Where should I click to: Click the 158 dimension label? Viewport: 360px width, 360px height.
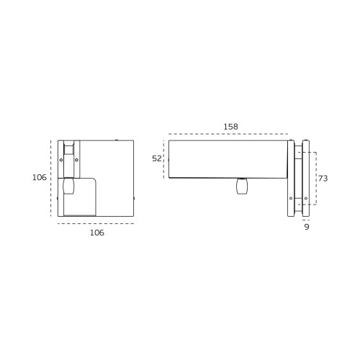[230, 127]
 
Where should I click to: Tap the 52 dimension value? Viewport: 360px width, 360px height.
[157, 158]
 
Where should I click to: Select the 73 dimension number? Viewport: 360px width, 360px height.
[323, 179]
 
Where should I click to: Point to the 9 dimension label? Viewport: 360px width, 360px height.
[307, 227]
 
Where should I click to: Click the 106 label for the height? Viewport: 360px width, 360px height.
[40, 178]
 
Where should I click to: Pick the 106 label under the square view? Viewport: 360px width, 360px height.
[97, 233]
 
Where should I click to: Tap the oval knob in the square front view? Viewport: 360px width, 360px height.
[68, 186]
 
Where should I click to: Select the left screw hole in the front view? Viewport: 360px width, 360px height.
[61, 160]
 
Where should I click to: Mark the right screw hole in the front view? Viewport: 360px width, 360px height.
[76, 160]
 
